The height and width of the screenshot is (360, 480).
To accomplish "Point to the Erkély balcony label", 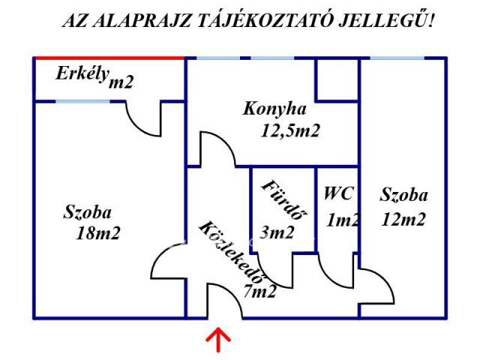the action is click(x=82, y=73).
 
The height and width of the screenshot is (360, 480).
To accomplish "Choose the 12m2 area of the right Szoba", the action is click(x=403, y=220).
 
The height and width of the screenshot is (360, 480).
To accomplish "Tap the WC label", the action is click(x=338, y=193).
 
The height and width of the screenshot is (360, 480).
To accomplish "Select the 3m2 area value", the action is click(x=278, y=232).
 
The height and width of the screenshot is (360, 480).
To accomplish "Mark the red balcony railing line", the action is click(x=109, y=58).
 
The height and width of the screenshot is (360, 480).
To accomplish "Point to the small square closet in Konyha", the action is click(x=337, y=79).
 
